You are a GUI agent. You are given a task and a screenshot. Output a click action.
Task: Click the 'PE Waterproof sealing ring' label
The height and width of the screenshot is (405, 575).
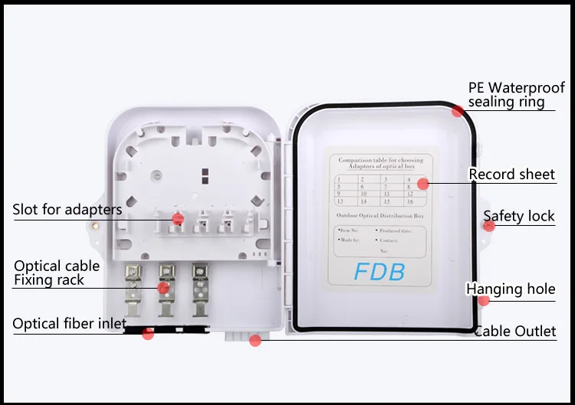pyautogui.click(x=516, y=95)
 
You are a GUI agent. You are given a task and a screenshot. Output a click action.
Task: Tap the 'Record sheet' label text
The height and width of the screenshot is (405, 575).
pyautogui.click(x=511, y=175)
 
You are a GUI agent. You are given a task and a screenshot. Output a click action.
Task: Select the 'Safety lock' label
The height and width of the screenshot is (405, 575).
pyautogui.click(x=518, y=217)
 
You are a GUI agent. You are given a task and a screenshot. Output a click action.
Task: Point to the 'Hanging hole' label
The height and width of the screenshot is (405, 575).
pyautogui.click(x=511, y=289)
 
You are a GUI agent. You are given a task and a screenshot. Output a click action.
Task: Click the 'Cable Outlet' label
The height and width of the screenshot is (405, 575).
pyautogui.click(x=514, y=332)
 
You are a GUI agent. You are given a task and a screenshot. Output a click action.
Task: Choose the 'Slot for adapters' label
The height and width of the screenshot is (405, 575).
pyautogui.click(x=67, y=209)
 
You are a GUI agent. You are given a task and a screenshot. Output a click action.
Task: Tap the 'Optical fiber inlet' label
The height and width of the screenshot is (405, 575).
pyautogui.click(x=69, y=324)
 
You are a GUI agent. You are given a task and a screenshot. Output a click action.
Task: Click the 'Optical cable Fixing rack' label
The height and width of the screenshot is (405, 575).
pyautogui.click(x=57, y=273)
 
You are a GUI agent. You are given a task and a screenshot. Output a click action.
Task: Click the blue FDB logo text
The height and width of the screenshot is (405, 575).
pyautogui.click(x=379, y=272)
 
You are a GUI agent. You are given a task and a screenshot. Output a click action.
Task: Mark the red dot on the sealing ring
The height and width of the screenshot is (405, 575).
pyautogui.click(x=458, y=111)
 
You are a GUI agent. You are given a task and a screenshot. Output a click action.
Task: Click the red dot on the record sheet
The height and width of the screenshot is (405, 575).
pyautogui.click(x=422, y=184)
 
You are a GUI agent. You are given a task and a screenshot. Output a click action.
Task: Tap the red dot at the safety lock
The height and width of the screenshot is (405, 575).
pyautogui.click(x=488, y=225)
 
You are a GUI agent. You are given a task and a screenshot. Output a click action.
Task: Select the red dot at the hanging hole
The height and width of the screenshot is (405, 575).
pyautogui.click(x=483, y=300)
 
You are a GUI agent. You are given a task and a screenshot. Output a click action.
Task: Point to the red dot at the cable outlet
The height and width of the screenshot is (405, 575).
pyautogui.click(x=255, y=340)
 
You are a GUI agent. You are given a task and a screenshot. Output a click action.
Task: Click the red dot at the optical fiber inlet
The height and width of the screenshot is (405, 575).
pyautogui.click(x=148, y=333)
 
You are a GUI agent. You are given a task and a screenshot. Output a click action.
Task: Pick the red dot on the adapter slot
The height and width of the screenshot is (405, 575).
pyautogui.click(x=178, y=218)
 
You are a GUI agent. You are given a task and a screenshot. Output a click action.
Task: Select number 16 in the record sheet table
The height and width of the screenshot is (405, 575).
pyautogui.click(x=411, y=201)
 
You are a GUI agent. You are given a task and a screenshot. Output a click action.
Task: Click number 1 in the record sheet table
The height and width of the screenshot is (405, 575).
pyautogui.click(x=340, y=178)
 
